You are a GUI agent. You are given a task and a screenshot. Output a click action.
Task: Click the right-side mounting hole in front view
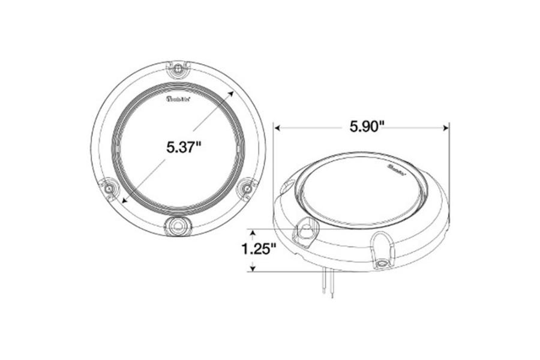245,190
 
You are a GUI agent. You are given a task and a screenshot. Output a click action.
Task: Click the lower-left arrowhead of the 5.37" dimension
124,199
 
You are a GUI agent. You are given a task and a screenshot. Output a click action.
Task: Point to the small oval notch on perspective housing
284,190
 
